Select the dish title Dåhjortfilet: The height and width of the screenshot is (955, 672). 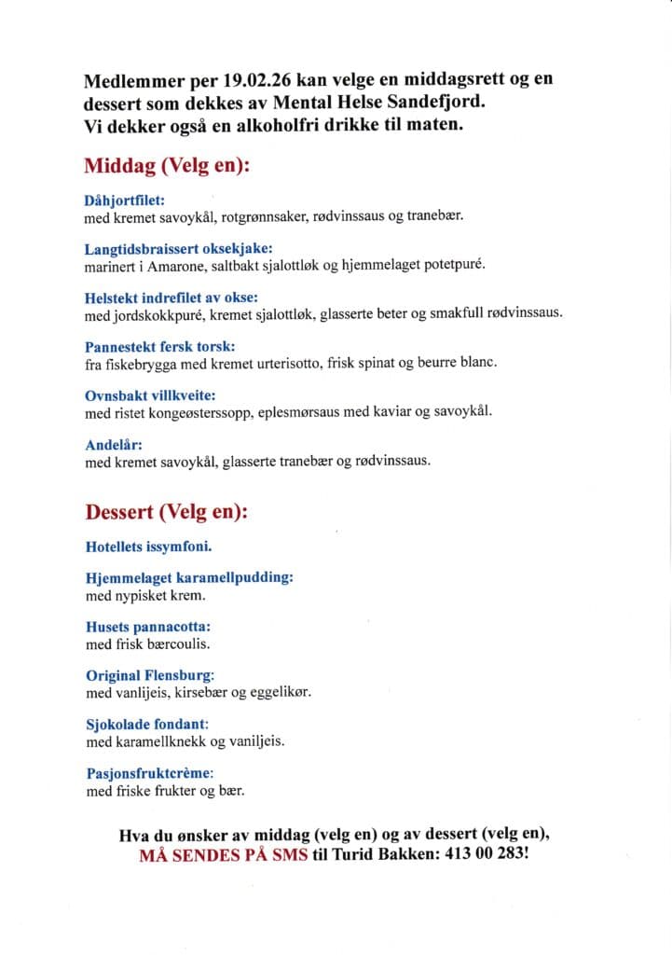125,200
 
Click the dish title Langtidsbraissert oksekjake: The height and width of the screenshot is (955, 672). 178,249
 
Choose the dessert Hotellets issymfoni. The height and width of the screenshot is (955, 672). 155,546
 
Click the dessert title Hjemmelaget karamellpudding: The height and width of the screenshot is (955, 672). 189,577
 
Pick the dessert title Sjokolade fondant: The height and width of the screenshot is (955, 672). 146,724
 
